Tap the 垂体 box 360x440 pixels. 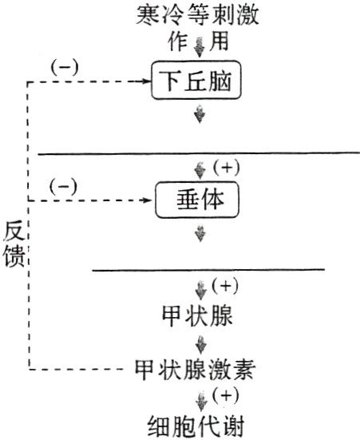pyautogui.click(x=197, y=201)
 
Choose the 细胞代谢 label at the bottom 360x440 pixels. pyautogui.click(x=197, y=423)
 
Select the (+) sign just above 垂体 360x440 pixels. pyautogui.click(x=226, y=167)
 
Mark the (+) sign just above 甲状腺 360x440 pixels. pyautogui.click(x=226, y=286)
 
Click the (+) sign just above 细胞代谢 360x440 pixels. pyautogui.click(x=226, y=395)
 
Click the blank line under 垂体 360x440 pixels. pyautogui.click(x=208, y=270)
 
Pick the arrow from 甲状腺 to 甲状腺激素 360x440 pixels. pyautogui.click(x=200, y=345)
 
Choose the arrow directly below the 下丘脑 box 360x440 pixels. pyautogui.click(x=200, y=116)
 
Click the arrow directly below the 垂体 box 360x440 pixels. pyautogui.click(x=200, y=234)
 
